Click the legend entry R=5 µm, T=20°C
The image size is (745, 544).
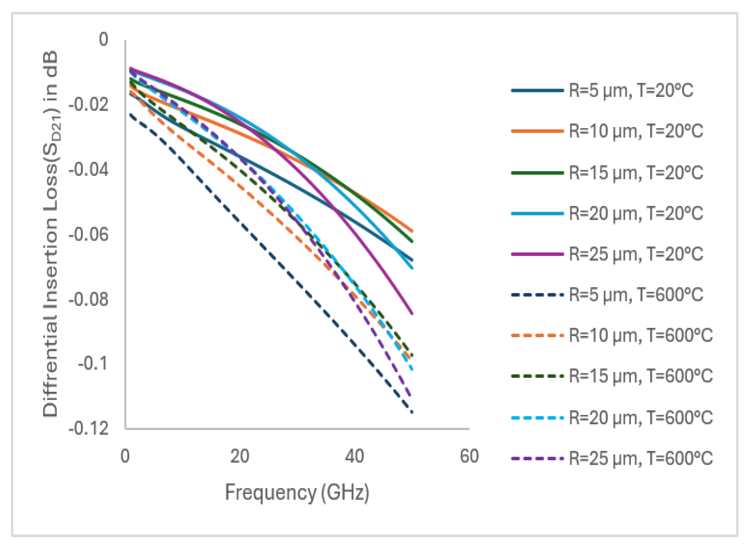[602, 91]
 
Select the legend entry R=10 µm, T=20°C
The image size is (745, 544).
[607, 131]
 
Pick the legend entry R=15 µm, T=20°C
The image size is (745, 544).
[607, 173]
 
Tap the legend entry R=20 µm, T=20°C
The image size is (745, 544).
[607, 214]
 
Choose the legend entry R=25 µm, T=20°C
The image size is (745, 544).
[607, 254]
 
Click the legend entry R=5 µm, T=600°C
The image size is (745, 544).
[607, 295]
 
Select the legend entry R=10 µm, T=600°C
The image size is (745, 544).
[612, 336]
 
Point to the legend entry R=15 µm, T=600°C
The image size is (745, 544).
[612, 376]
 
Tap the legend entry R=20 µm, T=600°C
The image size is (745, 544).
[612, 418]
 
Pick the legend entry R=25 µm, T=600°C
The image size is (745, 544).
[612, 458]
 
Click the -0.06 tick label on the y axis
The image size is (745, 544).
[88, 234]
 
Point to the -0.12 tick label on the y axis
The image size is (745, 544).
[88, 429]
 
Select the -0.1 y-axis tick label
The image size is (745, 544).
[93, 364]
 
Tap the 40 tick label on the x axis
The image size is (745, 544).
[354, 456]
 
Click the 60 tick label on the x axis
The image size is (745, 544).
[469, 456]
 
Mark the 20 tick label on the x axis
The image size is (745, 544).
[240, 456]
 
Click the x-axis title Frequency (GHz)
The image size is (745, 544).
[297, 492]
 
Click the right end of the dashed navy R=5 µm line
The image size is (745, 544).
[412, 412]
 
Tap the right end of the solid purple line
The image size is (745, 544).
[412, 314]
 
